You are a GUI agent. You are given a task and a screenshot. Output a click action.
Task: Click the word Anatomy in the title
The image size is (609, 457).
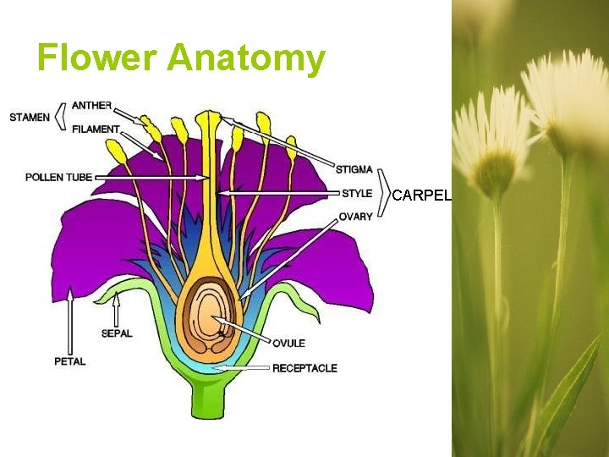pos(246,58)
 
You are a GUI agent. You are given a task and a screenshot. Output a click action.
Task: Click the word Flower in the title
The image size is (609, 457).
pos(96,58)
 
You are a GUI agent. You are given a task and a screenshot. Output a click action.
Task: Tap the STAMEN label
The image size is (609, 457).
pos(30,117)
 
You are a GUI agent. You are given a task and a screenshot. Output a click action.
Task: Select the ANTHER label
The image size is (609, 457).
pos(91,105)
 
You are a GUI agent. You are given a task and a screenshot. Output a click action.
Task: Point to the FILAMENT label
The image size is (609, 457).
pos(96,129)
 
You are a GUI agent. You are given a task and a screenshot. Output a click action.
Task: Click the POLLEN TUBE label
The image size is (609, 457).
pos(58,177)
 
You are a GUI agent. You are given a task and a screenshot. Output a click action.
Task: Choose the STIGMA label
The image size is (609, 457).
pos(354,170)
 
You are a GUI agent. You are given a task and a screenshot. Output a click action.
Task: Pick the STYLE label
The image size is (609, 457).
pos(356,193)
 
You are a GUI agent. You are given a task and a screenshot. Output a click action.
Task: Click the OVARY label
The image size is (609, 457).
pos(355,217)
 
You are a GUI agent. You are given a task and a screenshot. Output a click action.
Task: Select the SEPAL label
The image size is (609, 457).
pos(117,333)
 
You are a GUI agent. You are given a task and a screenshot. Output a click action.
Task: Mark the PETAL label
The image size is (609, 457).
pos(70,361)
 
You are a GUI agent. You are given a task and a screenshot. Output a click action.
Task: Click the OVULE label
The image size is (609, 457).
pos(288,343)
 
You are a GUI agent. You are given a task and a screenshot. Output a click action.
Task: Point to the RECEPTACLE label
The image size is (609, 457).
pos(304,368)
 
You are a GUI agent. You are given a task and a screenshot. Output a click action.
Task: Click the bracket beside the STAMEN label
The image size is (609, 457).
pos(60,117)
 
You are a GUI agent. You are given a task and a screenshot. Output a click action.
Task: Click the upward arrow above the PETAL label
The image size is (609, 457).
pos(70,322)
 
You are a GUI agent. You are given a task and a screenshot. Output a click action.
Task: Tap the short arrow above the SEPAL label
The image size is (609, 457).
pos(117,309)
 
